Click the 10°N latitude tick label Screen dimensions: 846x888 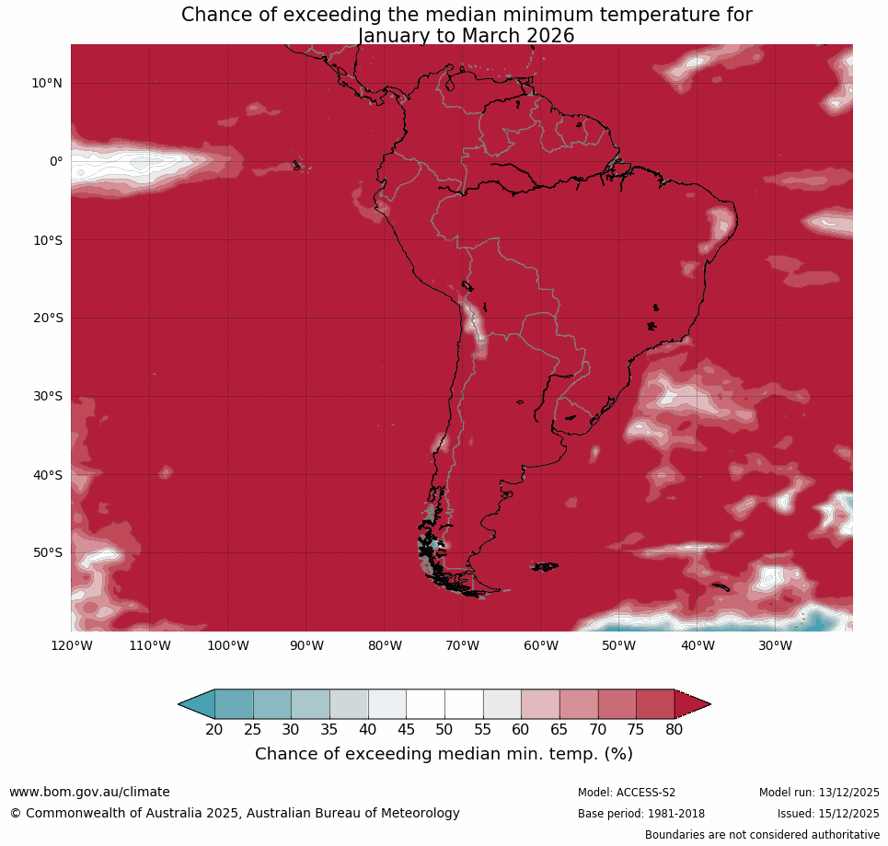(47, 83)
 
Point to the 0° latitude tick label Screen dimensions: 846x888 (56, 161)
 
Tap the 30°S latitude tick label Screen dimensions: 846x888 (47, 396)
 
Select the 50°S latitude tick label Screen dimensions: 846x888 (47, 552)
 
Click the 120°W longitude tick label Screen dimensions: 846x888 (71, 645)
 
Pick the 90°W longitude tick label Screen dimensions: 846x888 (306, 645)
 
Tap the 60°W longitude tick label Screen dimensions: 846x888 (541, 645)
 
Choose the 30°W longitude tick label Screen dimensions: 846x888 (776, 645)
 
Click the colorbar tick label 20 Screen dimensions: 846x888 (214, 730)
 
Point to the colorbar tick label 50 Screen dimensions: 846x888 (444, 730)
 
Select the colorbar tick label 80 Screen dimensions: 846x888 (675, 730)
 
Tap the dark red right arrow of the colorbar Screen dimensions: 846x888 (692, 704)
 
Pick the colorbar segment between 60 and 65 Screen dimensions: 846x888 (540, 704)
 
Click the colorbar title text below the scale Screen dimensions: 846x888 (444, 754)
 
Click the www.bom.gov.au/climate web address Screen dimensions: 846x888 (89, 792)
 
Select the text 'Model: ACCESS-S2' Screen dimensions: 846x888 (626, 793)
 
